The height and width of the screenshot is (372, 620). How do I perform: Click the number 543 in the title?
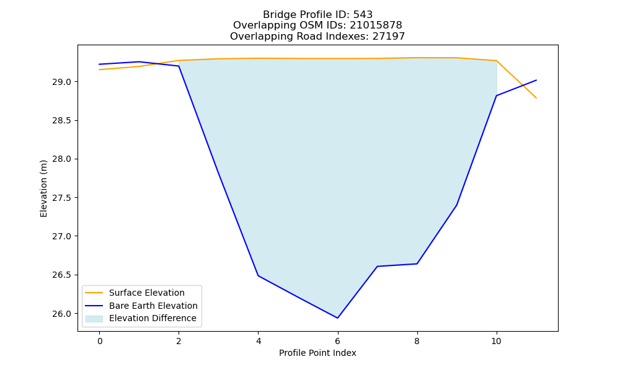(363, 15)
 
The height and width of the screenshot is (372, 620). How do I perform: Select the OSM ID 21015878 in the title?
(376, 25)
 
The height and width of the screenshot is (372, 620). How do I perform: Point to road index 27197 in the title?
(389, 37)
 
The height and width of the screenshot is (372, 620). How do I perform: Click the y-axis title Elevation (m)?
(43, 188)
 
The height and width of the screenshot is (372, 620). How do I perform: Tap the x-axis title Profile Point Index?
(317, 353)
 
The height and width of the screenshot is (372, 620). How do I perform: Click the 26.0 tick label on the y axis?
(61, 314)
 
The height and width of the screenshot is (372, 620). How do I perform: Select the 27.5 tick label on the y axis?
(61, 198)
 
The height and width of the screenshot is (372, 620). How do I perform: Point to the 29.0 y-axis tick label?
(61, 82)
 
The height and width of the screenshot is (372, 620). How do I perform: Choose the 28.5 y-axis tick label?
(61, 120)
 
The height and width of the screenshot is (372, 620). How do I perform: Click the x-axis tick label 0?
(100, 341)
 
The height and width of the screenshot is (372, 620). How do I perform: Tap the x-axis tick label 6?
(338, 341)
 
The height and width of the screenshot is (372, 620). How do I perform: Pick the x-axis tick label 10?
(496, 341)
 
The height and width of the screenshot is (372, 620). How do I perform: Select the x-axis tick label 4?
(258, 341)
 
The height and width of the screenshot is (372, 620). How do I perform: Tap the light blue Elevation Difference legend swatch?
(94, 319)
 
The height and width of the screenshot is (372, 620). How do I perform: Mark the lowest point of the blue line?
(338, 318)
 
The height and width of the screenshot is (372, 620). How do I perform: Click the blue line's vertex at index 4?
(258, 275)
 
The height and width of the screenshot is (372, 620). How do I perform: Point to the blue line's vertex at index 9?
(457, 205)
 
